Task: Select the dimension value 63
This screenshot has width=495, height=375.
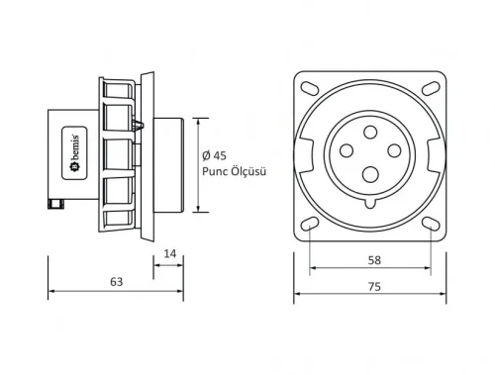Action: (116, 282)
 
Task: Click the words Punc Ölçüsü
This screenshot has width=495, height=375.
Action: (236, 169)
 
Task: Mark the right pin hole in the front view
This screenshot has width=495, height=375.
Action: (392, 149)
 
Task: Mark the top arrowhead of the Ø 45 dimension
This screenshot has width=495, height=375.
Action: (198, 123)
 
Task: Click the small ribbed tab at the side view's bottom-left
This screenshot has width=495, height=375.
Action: (55, 206)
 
